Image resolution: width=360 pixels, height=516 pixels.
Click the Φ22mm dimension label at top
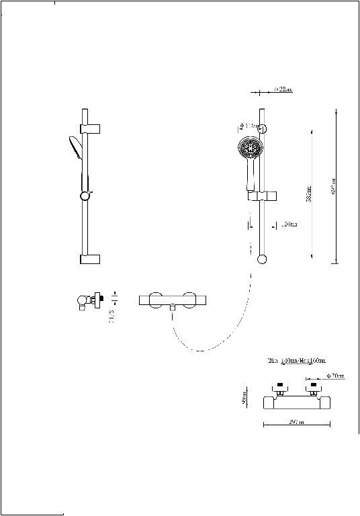coord(283,89)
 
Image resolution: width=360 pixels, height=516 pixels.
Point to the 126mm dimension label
coord(288,224)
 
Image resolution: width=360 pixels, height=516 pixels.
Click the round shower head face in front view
coord(249,148)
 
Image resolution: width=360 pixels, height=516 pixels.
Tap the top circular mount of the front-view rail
coord(263,128)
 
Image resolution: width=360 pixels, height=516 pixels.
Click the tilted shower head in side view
coord(73,147)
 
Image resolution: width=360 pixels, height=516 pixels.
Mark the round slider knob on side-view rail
coord(85,196)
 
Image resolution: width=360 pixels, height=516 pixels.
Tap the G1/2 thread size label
coord(111,315)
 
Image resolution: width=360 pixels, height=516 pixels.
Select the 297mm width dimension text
coord(296,422)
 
